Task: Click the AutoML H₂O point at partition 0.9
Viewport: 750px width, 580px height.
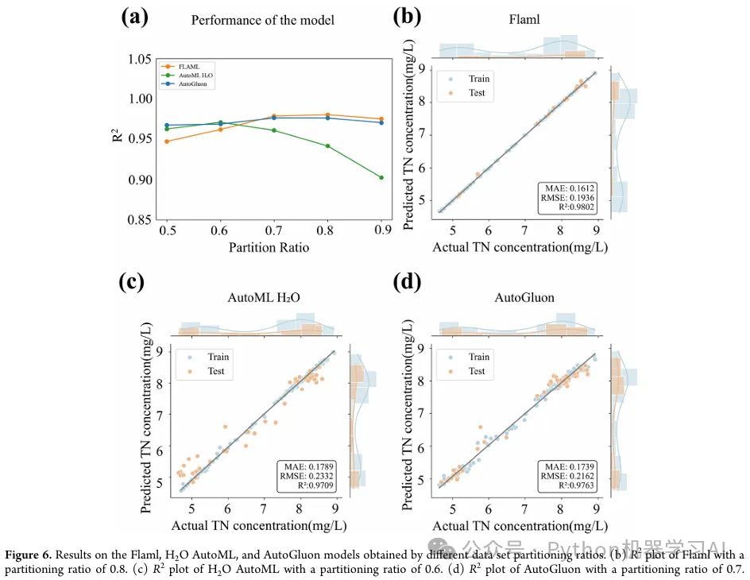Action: pos(381,177)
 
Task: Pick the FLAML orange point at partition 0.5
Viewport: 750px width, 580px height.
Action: pos(167,141)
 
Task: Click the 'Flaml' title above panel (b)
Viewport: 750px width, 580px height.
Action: pos(524,20)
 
